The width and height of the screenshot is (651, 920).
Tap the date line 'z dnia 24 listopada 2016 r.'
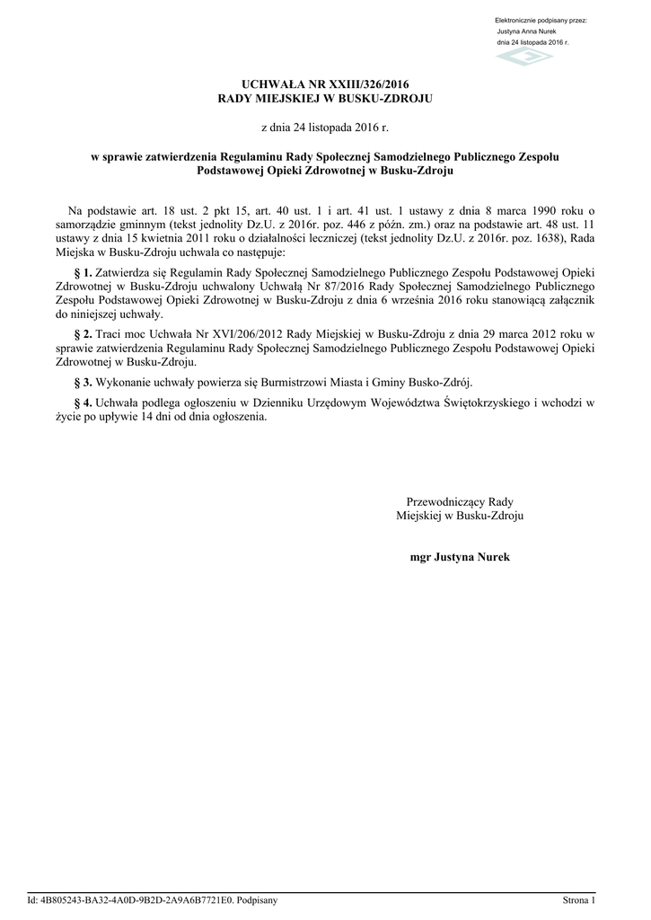click(x=325, y=128)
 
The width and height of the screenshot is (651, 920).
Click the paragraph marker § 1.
click(x=84, y=271)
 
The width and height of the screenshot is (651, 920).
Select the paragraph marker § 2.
click(x=84, y=333)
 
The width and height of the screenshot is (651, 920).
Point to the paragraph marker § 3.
click(x=84, y=382)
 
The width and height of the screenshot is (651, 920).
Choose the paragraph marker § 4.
click(x=84, y=402)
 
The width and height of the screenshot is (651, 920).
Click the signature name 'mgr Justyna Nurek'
click(x=460, y=557)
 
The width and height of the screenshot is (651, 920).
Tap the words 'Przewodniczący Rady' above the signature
click(x=460, y=501)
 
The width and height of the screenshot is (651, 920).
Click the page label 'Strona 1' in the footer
click(x=579, y=899)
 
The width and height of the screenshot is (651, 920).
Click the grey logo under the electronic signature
click(x=525, y=57)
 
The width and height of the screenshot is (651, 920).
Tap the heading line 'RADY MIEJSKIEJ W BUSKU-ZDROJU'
click(x=325, y=97)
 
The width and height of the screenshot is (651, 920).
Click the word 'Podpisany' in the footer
click(x=257, y=899)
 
